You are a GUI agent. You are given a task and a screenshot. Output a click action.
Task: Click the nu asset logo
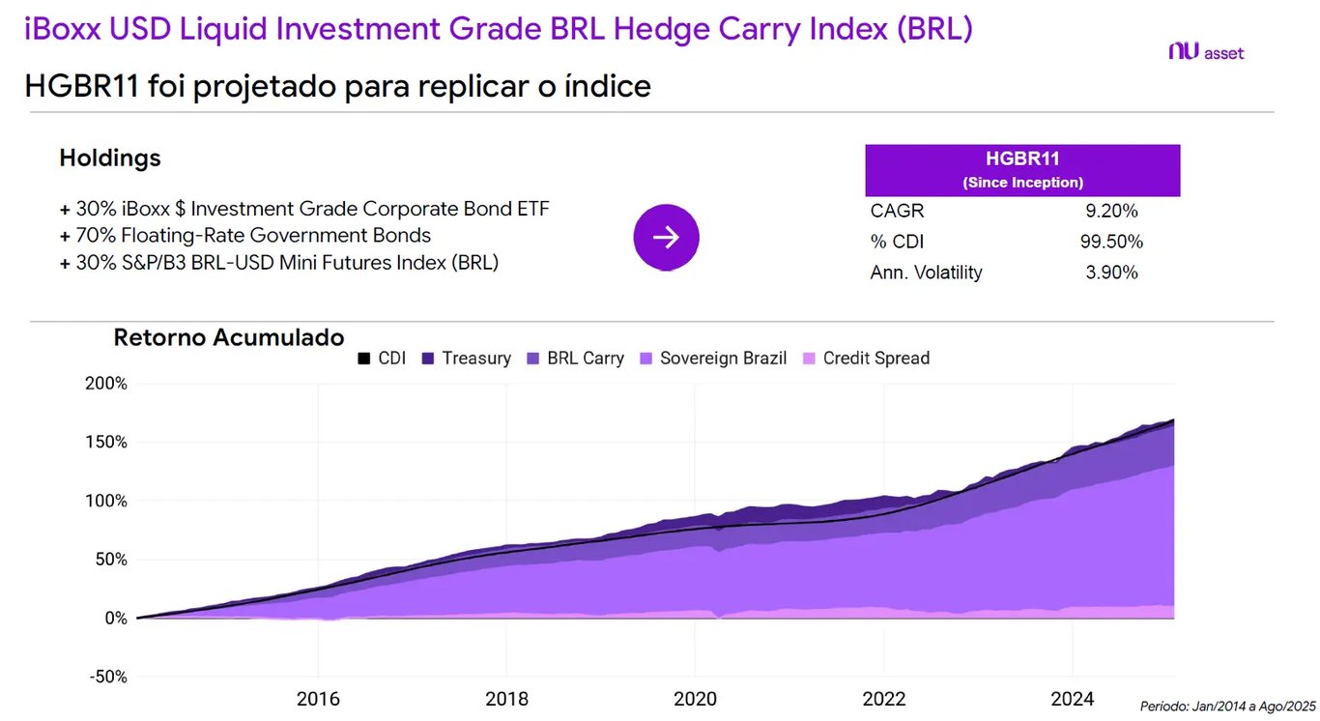coord(1205,52)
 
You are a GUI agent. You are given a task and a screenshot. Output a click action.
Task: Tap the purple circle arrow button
coord(666,237)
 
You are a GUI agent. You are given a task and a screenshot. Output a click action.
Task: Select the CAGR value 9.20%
coord(1111,211)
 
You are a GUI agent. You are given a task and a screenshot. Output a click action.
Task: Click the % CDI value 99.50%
coord(1111,242)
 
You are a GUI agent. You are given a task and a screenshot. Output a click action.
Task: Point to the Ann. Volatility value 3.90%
coord(1111,273)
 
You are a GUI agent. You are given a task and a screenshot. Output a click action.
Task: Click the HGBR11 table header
coord(1022,169)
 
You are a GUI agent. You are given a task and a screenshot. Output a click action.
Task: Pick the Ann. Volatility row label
coord(926,273)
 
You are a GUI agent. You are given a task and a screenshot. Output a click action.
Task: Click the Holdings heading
coord(110,158)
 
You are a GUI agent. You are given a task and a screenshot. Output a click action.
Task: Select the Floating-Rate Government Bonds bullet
coord(252,235)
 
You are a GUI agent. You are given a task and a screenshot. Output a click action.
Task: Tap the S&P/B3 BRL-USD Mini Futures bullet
coord(286,262)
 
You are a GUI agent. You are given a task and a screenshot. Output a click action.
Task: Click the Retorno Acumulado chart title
coord(229,337)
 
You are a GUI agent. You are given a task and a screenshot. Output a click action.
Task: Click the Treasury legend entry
coord(466,359)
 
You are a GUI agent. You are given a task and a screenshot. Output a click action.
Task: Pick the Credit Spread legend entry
coord(866,359)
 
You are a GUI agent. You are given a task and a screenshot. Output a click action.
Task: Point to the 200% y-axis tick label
coord(106,384)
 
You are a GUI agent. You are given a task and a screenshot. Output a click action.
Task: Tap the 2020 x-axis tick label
coord(695,699)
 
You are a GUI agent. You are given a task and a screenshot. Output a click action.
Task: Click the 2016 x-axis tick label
coord(318,699)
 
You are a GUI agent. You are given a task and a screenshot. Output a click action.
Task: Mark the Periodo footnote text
coord(1227,707)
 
